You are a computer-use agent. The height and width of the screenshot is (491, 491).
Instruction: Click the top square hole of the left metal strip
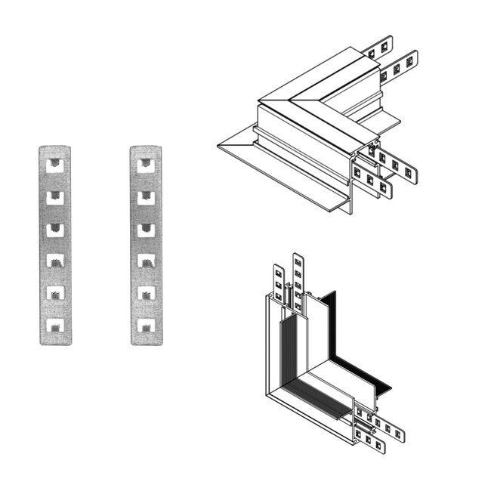55,163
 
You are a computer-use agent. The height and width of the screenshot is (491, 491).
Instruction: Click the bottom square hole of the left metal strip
55,326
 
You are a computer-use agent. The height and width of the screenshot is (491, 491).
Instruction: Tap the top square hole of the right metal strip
146,163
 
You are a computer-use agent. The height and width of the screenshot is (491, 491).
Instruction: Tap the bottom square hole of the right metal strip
146,326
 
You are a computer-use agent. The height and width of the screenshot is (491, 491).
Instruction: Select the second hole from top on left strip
55,196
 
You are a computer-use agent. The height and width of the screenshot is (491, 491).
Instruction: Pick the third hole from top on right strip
146,229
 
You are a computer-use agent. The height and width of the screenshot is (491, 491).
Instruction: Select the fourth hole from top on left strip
55,261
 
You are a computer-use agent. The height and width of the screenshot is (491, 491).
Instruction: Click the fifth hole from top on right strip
146,294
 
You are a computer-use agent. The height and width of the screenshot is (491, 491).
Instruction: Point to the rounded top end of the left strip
55,148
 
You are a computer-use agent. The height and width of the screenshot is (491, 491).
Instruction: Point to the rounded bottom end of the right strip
146,341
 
